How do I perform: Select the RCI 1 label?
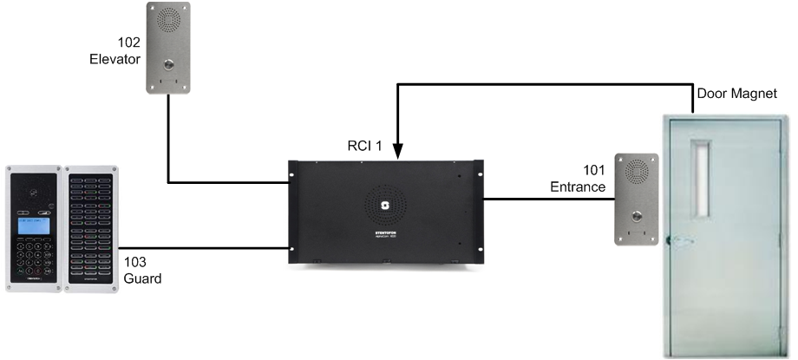coord(363,146)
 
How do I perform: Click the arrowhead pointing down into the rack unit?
coord(397,154)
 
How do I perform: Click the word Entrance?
coord(578,187)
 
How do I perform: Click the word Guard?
coord(141,279)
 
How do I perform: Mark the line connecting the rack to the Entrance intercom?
coord(546,200)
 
